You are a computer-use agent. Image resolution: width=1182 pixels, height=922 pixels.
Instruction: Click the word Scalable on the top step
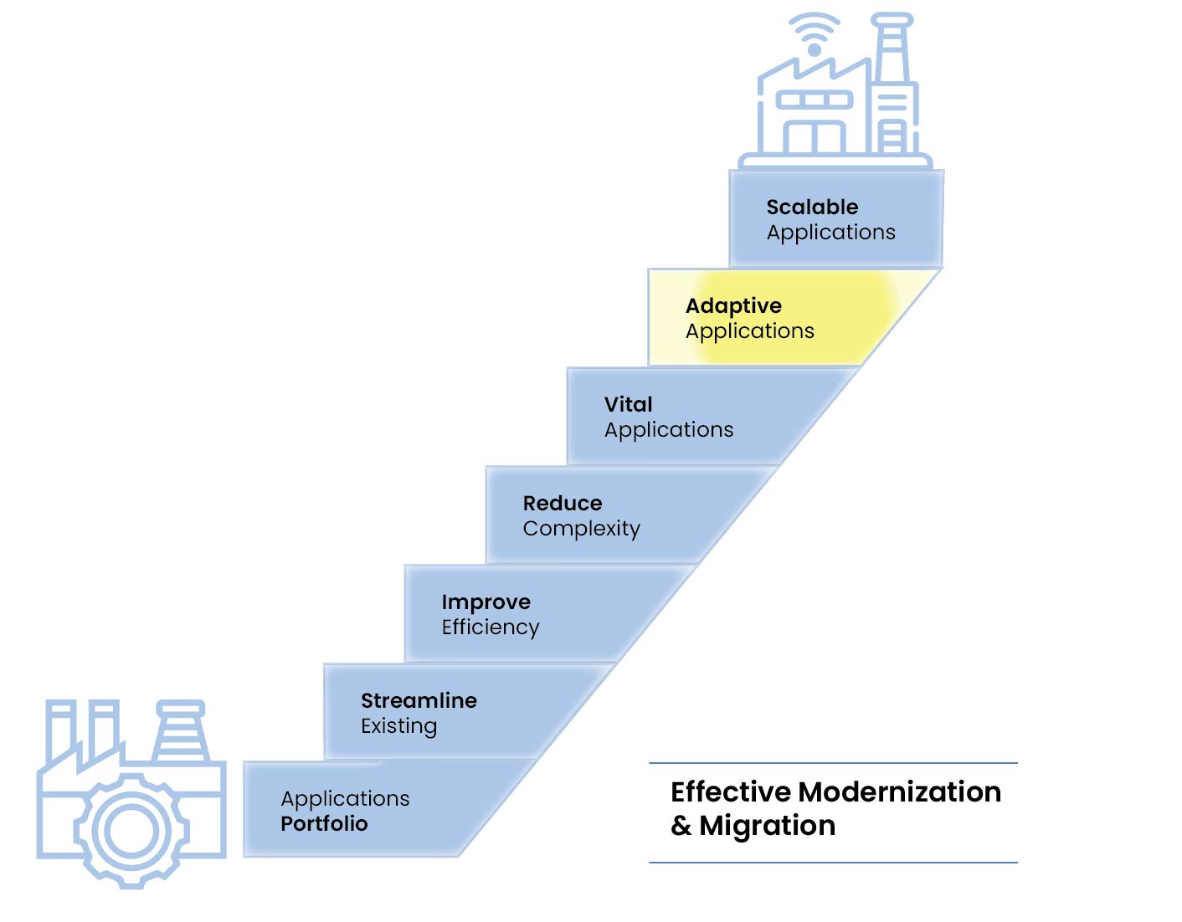tap(812, 207)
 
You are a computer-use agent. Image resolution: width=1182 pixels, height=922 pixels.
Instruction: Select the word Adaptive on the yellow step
tap(733, 305)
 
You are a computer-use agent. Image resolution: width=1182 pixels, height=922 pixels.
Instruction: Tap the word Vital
tap(628, 404)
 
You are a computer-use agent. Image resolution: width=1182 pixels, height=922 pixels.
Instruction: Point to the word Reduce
tap(563, 503)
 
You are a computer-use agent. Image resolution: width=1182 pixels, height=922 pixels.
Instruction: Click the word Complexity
tap(581, 529)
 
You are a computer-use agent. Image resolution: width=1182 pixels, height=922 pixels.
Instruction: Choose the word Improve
tap(486, 602)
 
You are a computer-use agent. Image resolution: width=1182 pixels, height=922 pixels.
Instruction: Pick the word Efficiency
tap(490, 627)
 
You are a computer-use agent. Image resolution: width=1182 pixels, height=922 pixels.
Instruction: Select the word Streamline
tap(419, 700)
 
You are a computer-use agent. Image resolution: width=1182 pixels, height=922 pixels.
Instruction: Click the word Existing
tap(398, 726)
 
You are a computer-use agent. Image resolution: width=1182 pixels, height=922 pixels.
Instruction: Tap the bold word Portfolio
tap(324, 824)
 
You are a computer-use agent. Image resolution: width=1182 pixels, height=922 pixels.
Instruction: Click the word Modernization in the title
tap(899, 791)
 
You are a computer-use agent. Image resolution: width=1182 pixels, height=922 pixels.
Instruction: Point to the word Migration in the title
tap(767, 826)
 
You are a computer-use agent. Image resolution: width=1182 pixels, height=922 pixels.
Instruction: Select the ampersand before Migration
tap(681, 826)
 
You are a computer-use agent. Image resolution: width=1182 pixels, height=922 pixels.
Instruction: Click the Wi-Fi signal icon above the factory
tap(814, 36)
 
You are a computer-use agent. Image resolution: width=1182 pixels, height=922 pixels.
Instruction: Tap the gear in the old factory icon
tap(131, 831)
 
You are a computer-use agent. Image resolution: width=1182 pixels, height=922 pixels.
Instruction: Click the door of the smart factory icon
tap(814, 137)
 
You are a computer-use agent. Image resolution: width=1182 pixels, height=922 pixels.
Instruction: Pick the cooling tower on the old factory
tap(180, 731)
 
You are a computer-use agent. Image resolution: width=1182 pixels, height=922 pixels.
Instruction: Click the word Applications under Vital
tap(668, 430)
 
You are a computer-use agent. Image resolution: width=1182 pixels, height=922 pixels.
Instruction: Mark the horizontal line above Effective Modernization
tap(833, 763)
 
